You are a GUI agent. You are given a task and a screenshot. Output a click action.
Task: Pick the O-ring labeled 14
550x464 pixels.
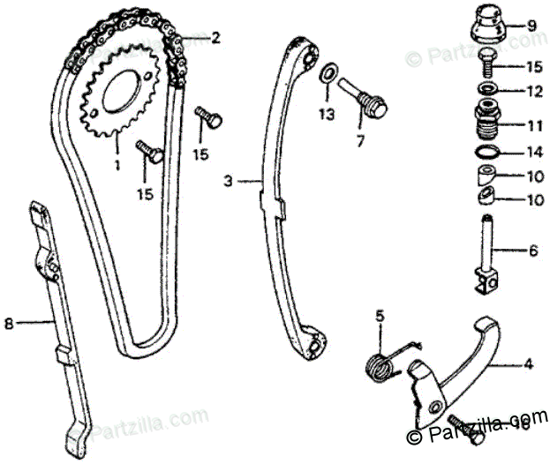(486, 151)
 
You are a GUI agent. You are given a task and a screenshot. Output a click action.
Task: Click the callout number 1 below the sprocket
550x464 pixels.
(117, 163)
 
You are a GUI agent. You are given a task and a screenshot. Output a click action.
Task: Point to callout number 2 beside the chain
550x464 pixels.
(215, 38)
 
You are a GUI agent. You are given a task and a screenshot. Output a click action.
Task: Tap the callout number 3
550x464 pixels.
(227, 182)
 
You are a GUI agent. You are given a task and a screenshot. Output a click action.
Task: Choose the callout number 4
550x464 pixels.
(529, 362)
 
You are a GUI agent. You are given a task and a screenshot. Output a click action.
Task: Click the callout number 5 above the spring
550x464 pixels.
(380, 315)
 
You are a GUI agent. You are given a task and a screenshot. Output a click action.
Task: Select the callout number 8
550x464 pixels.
(9, 324)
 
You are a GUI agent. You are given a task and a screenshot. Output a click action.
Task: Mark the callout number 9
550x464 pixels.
(531, 26)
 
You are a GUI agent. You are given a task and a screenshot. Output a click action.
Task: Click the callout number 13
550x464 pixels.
(328, 116)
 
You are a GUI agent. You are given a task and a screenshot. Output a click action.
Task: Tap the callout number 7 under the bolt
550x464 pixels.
(359, 140)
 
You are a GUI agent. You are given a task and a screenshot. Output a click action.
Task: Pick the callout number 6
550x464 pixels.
(533, 251)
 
